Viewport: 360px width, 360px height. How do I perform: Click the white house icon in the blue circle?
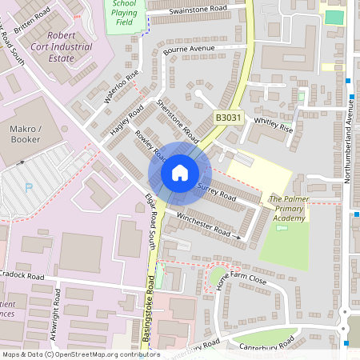tap(180, 172)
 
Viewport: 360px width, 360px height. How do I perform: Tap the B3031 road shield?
tap(227, 118)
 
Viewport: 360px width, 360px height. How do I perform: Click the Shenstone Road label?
tap(177, 117)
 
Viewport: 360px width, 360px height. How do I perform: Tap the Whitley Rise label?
tap(273, 123)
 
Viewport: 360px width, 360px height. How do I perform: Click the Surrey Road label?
tap(216, 192)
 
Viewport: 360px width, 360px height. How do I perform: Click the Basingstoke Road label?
tap(149, 312)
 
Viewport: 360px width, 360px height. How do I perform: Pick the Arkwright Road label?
tap(56, 313)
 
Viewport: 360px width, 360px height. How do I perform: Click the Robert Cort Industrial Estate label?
tap(70, 47)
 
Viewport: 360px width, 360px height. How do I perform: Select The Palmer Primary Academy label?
tap(287, 208)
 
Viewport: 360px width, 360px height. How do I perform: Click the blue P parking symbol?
tap(30, 188)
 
